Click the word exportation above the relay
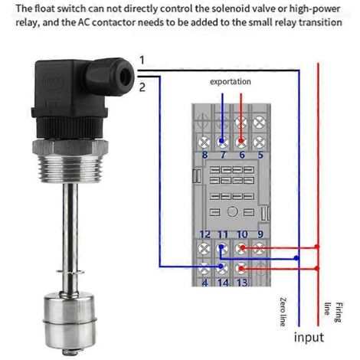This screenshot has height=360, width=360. pos(231,82)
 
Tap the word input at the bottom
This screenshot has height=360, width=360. pos(309,338)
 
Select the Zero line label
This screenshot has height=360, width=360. pos(283,312)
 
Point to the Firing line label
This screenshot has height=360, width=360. pos(334,312)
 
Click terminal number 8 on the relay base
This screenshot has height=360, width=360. pos(205,155)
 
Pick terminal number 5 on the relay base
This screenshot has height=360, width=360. pos(260,155)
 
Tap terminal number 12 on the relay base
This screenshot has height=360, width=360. pos(205,234)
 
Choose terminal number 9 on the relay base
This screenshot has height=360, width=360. pos(260,234)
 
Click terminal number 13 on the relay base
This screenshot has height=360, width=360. pos(242,283)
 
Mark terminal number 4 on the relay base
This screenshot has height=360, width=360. pos(205,283)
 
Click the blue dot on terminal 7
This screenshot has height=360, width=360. pos(221,141)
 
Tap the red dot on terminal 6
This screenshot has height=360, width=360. pos(241,141)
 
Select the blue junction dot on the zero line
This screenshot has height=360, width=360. pos(296,258)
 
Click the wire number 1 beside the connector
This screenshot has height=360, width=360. pos(142,61)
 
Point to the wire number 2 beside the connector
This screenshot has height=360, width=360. pos(142,87)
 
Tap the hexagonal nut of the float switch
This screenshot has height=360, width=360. pos(70,147)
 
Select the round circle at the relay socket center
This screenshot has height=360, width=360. pos(232,211)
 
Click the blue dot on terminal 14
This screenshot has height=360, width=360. pos(221,267)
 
